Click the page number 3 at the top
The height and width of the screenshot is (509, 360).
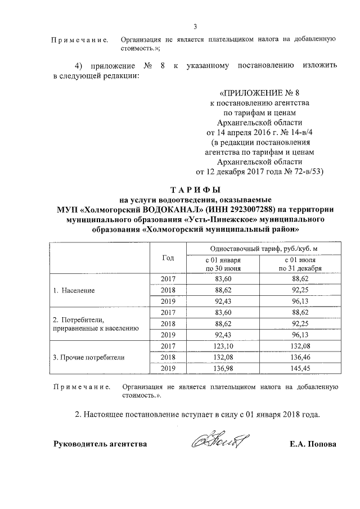pos(195,26)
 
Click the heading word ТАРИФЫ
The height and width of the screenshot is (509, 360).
pos(195,189)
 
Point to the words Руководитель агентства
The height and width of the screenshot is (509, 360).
pos(100,444)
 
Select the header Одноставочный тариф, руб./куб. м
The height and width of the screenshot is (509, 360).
pos(263,249)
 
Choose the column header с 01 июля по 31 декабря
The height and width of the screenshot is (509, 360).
pos(303,264)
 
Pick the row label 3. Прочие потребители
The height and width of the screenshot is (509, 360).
pos(88,357)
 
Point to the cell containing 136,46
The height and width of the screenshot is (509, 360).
pos(303,357)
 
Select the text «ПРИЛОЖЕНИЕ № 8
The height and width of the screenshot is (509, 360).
pos(263,93)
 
